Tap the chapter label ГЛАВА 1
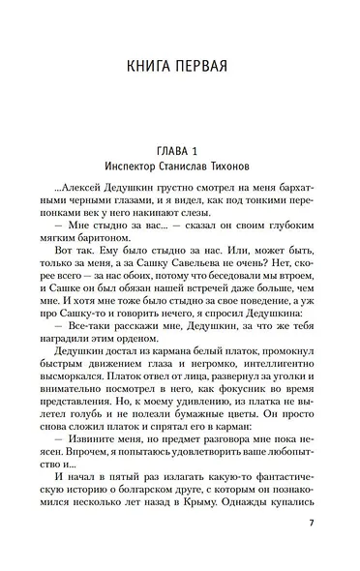(x=180, y=150)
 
